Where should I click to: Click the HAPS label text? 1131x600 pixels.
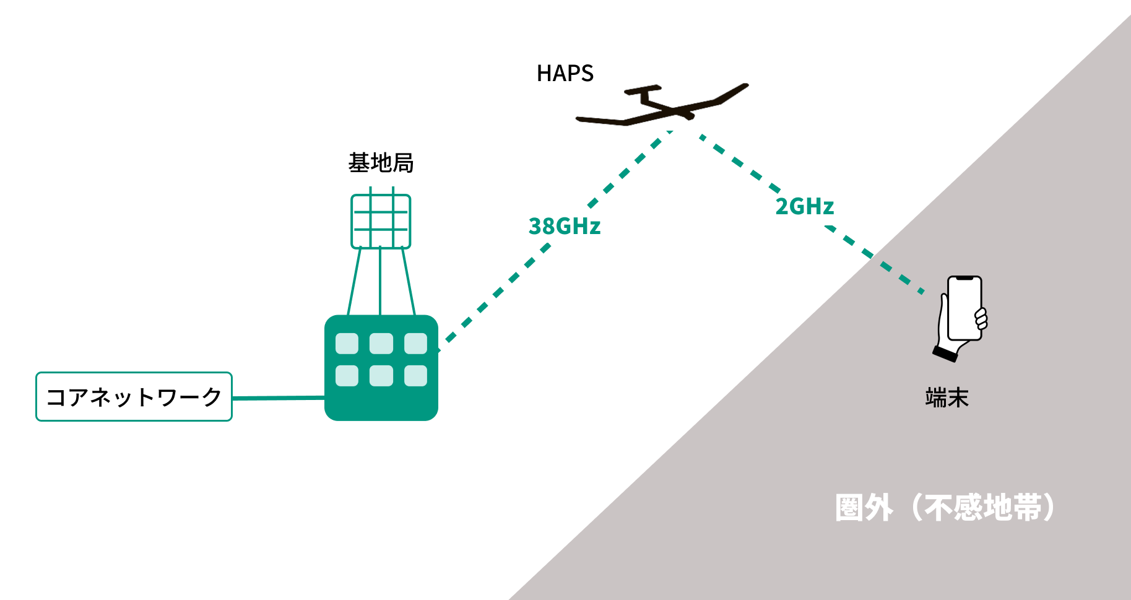[565, 74]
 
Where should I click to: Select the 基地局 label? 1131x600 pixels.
[381, 163]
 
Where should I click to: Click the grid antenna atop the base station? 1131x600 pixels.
[381, 221]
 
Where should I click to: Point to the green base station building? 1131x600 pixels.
[381, 368]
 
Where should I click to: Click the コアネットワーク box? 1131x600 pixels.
[134, 397]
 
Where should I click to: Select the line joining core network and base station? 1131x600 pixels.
[279, 398]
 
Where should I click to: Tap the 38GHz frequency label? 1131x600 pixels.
[565, 227]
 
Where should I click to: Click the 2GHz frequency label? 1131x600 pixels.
[805, 207]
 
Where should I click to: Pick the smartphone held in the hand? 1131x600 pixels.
[964, 308]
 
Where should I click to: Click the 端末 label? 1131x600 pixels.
[947, 398]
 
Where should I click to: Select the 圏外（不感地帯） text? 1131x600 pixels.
[945, 508]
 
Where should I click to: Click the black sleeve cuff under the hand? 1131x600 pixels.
[945, 354]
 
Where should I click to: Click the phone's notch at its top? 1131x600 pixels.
[964, 279]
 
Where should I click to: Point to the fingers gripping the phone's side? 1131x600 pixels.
[981, 318]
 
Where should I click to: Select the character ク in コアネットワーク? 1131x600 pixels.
[212, 397]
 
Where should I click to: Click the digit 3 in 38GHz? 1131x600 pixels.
[535, 227]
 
